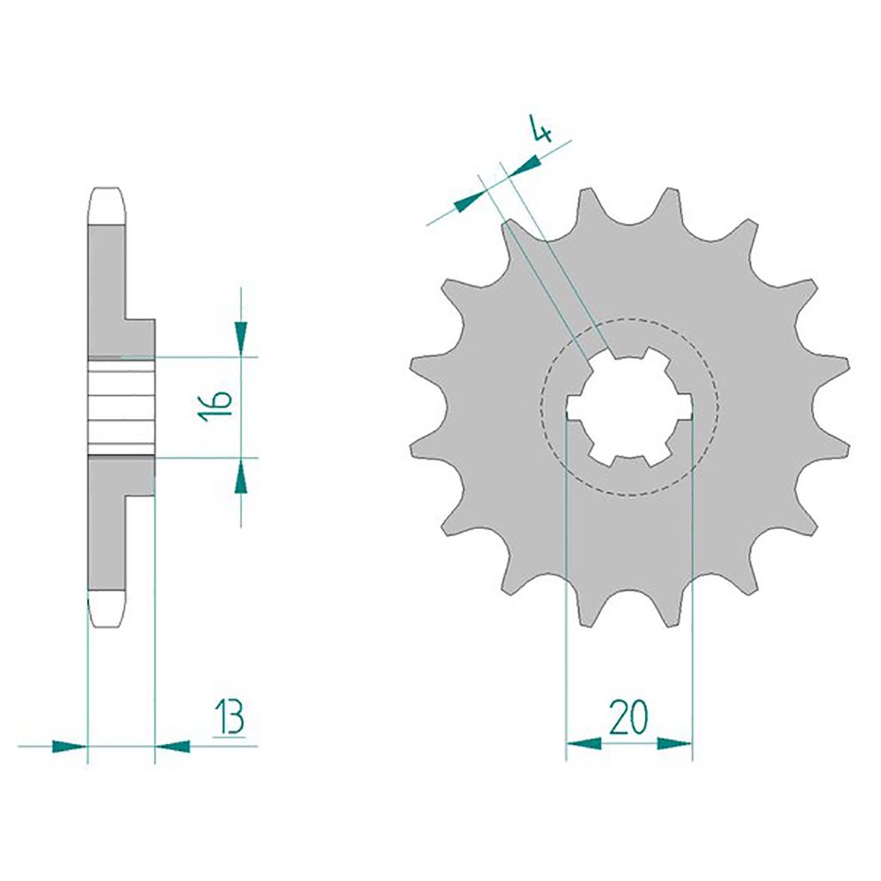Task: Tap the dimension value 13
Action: [x=230, y=717]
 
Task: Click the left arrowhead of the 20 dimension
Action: [x=584, y=744]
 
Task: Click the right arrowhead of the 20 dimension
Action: [x=675, y=744]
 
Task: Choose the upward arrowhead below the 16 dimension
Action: [x=241, y=476]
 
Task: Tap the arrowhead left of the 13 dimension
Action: [x=70, y=747]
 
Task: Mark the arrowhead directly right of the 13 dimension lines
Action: [x=172, y=747]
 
